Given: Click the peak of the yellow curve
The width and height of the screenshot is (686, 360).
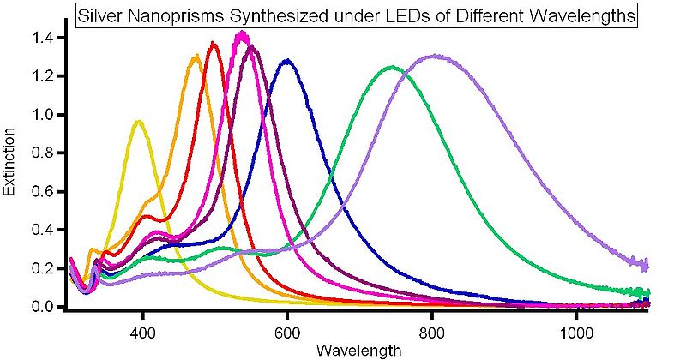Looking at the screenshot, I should point(138,122).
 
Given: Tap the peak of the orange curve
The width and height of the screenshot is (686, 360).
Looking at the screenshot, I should point(197,57).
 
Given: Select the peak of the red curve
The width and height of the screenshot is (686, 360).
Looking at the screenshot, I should point(214,44).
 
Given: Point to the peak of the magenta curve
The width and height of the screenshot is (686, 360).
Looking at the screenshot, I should point(243,34).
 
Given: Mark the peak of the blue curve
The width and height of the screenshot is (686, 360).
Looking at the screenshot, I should point(287,60).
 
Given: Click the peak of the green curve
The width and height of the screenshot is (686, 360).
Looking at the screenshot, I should point(392,67).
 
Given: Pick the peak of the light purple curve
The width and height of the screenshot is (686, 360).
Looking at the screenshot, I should point(436,56).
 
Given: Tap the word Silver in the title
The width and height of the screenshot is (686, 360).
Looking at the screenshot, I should point(99,15).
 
